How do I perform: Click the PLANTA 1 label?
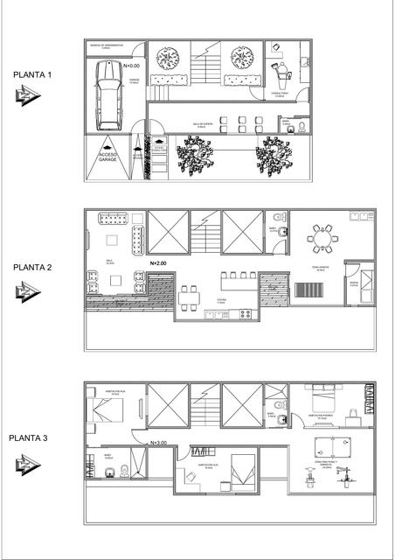[33, 75]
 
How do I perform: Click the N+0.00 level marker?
[134, 66]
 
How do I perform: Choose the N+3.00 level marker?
[159, 443]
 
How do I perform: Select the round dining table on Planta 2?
[324, 238]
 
